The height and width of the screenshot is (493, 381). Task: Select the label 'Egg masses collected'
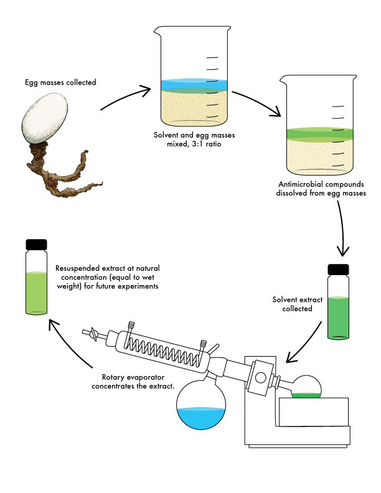pos(60,82)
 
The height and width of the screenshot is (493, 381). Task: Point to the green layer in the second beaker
pos(319,133)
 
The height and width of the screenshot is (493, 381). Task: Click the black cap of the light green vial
pos(37,244)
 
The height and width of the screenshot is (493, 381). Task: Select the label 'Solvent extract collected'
pos(298,304)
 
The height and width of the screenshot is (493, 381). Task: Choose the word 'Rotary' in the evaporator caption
pos(114,377)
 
